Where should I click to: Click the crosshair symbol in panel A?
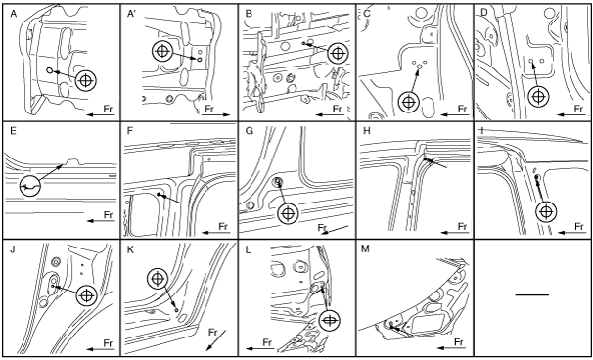point(86,80)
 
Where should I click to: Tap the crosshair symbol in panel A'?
point(162,52)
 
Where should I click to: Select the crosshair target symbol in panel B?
point(338,54)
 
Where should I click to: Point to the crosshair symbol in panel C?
point(409,102)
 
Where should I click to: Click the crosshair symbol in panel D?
point(538,97)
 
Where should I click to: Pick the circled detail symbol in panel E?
point(29,186)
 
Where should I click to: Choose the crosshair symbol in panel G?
point(288,213)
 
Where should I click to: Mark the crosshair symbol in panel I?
point(546,211)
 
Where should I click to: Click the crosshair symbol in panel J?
point(87,295)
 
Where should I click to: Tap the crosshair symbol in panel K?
point(158,279)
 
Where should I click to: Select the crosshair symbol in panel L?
point(329,320)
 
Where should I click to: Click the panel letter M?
point(365,250)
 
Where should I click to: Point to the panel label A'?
point(131,14)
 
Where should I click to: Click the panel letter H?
point(365,132)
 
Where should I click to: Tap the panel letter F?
point(130,132)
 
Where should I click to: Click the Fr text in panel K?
point(213,333)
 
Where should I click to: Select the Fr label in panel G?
point(322,228)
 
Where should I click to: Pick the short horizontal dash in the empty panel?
point(532,294)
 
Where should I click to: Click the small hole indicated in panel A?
point(49,70)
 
